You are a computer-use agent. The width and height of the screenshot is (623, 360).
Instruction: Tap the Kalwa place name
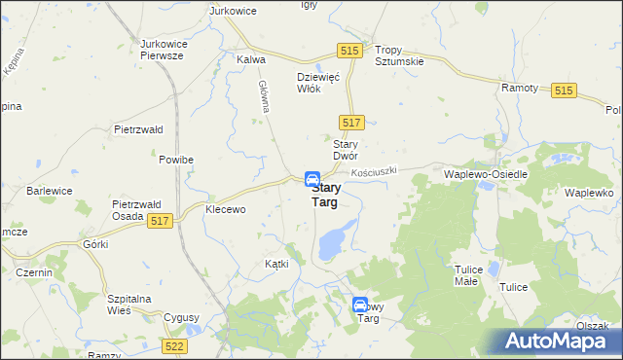(x=251, y=59)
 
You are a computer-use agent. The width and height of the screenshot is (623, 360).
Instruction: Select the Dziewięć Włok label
(x=316, y=82)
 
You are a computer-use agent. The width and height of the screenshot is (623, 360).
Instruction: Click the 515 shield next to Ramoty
(x=564, y=90)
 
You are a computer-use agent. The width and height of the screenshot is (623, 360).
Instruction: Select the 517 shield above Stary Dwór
(x=353, y=122)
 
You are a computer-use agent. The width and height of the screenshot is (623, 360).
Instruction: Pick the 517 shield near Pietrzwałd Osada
(x=161, y=222)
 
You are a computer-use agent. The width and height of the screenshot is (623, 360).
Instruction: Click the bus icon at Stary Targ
(x=312, y=180)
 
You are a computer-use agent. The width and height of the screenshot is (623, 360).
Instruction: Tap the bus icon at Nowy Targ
(x=360, y=305)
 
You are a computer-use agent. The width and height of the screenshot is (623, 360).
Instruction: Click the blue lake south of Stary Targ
(x=336, y=236)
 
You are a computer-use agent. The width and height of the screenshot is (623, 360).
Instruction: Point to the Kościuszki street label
(x=377, y=171)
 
